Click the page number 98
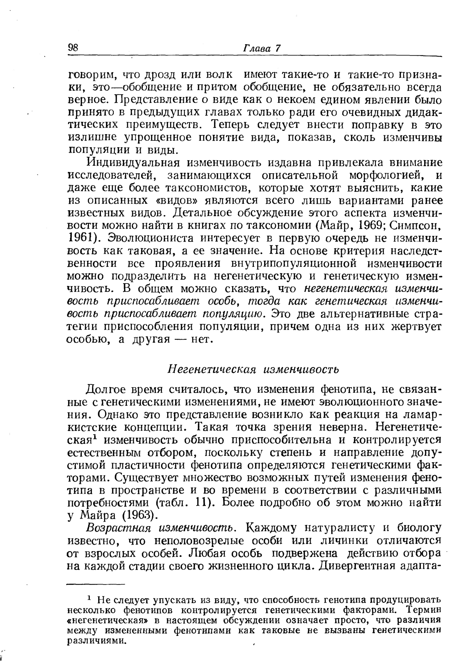(73, 48)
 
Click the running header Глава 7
(262, 49)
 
